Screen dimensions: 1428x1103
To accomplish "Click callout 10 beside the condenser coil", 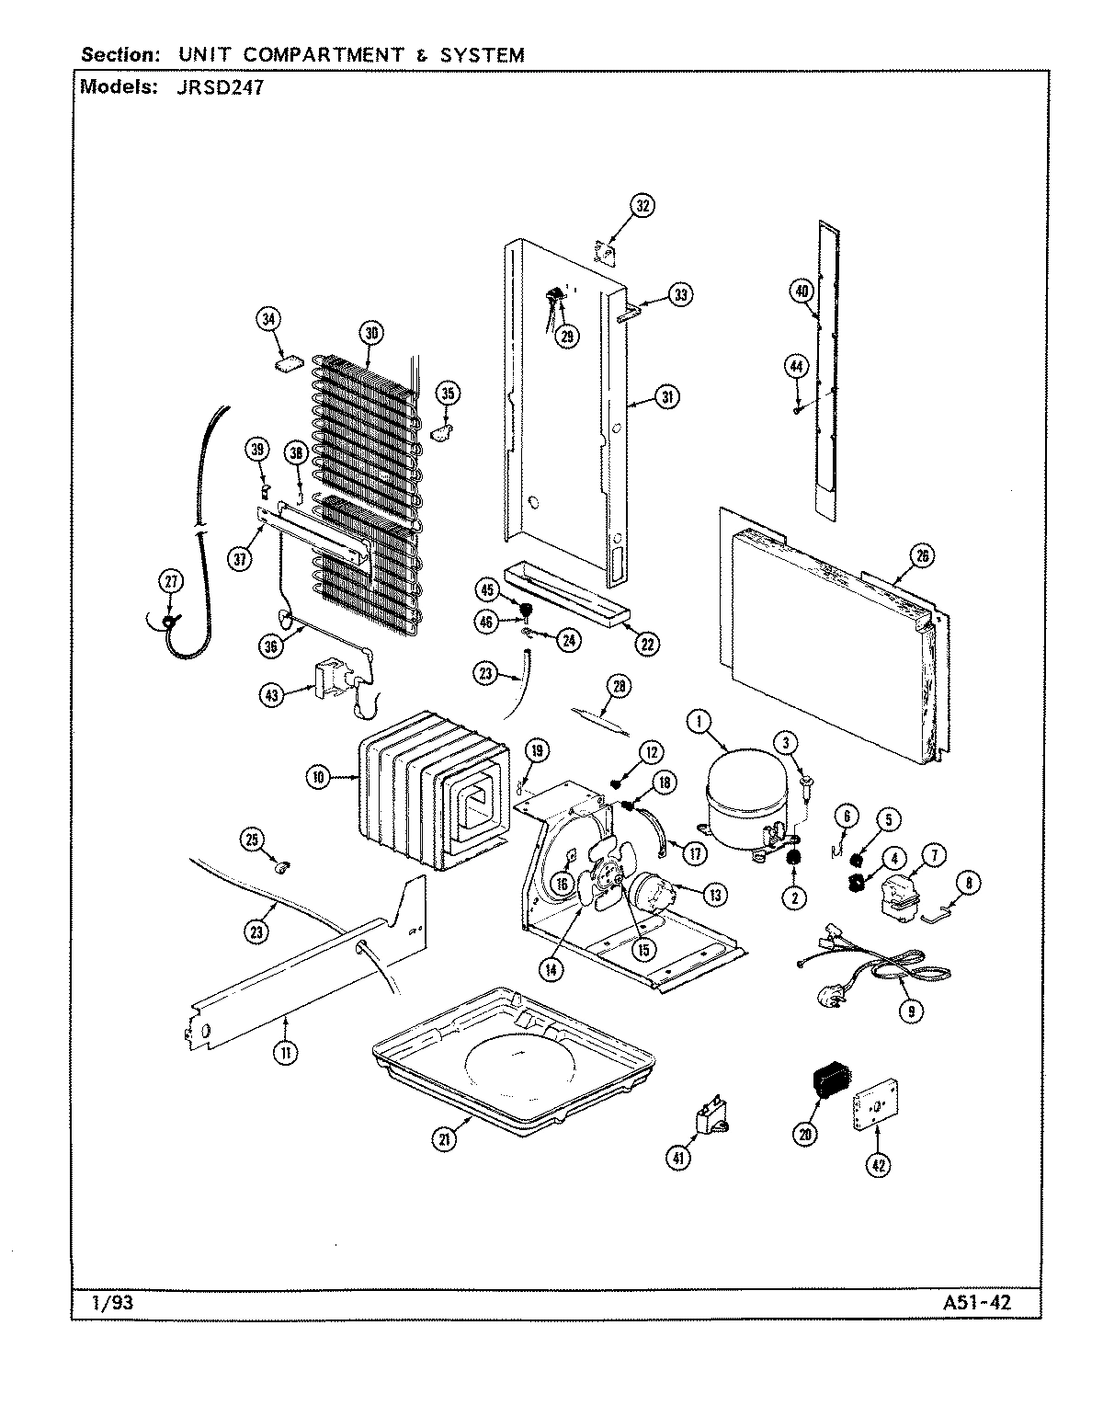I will [x=319, y=777].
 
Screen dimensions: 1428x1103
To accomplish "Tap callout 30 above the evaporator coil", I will [x=370, y=334].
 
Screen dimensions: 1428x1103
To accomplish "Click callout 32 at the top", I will [x=642, y=206].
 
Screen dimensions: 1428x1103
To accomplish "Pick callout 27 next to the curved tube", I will [x=172, y=581].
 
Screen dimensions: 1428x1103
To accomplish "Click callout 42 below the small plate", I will [x=879, y=1165].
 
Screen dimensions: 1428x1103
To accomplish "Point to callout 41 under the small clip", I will [x=680, y=1160].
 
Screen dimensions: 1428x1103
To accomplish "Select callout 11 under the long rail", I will [x=286, y=1053].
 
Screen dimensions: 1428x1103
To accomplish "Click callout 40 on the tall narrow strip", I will [x=802, y=291].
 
